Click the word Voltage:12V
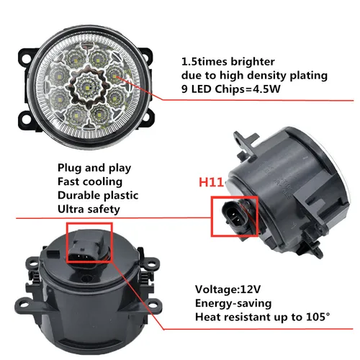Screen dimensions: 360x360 coord(230,289)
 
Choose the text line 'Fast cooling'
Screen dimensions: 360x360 coord(89,181)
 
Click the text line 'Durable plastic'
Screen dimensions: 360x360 coord(99,194)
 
